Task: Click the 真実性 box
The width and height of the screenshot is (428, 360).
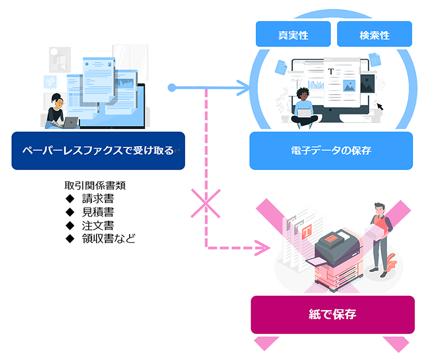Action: coord(293,34)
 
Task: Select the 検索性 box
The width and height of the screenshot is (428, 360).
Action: coord(374,34)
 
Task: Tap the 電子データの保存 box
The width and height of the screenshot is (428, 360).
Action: coord(331,150)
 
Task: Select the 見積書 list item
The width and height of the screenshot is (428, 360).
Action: coord(98,212)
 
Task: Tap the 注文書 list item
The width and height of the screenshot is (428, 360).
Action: coord(98,225)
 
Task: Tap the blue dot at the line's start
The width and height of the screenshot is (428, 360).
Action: coord(172,88)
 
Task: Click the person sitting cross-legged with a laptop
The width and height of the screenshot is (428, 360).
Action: coord(304,108)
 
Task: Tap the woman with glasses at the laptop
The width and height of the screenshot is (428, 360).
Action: coord(58,111)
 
